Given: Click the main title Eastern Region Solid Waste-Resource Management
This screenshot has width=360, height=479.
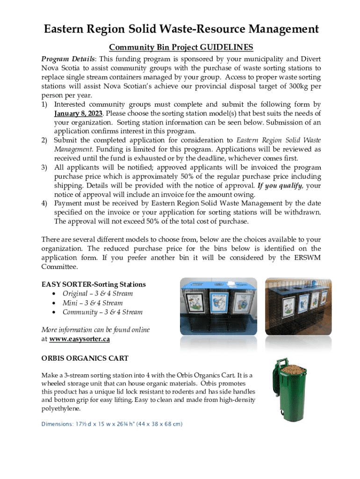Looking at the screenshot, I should (x=181, y=29).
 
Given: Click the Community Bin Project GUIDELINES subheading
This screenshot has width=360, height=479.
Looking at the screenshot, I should (x=181, y=47).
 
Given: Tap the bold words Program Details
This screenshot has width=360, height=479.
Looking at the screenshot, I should (x=68, y=59).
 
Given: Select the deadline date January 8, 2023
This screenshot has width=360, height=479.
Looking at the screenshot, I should (x=80, y=114).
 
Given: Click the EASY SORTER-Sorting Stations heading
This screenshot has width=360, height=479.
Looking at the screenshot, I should (x=94, y=284).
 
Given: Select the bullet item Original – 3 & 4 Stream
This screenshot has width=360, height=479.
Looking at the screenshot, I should (x=98, y=294).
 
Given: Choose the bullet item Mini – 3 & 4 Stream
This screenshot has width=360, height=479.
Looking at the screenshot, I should (x=93, y=303).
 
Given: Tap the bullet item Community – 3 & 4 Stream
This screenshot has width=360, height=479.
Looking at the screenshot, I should (x=102, y=312).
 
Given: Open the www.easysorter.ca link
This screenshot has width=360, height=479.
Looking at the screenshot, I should (x=79, y=339).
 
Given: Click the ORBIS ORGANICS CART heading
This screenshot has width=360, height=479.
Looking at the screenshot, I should (x=85, y=358).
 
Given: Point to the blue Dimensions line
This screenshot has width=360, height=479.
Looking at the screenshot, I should (x=112, y=424).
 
